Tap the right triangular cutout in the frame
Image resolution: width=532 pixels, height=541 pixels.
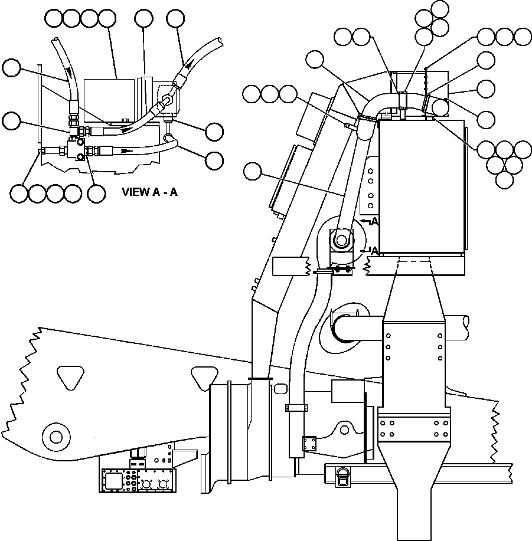tap(203, 376)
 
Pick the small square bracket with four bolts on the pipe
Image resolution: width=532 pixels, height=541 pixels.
tap(309, 443)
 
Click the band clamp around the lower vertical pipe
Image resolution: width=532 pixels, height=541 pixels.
tap(296, 407)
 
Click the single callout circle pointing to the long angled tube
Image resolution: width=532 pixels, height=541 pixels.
tap(253, 172)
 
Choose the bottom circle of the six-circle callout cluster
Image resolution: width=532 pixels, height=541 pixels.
tap(505, 179)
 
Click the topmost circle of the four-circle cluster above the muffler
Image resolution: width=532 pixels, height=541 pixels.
tap(440, 9)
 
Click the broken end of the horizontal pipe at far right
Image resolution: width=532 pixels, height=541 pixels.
tap(467, 322)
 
